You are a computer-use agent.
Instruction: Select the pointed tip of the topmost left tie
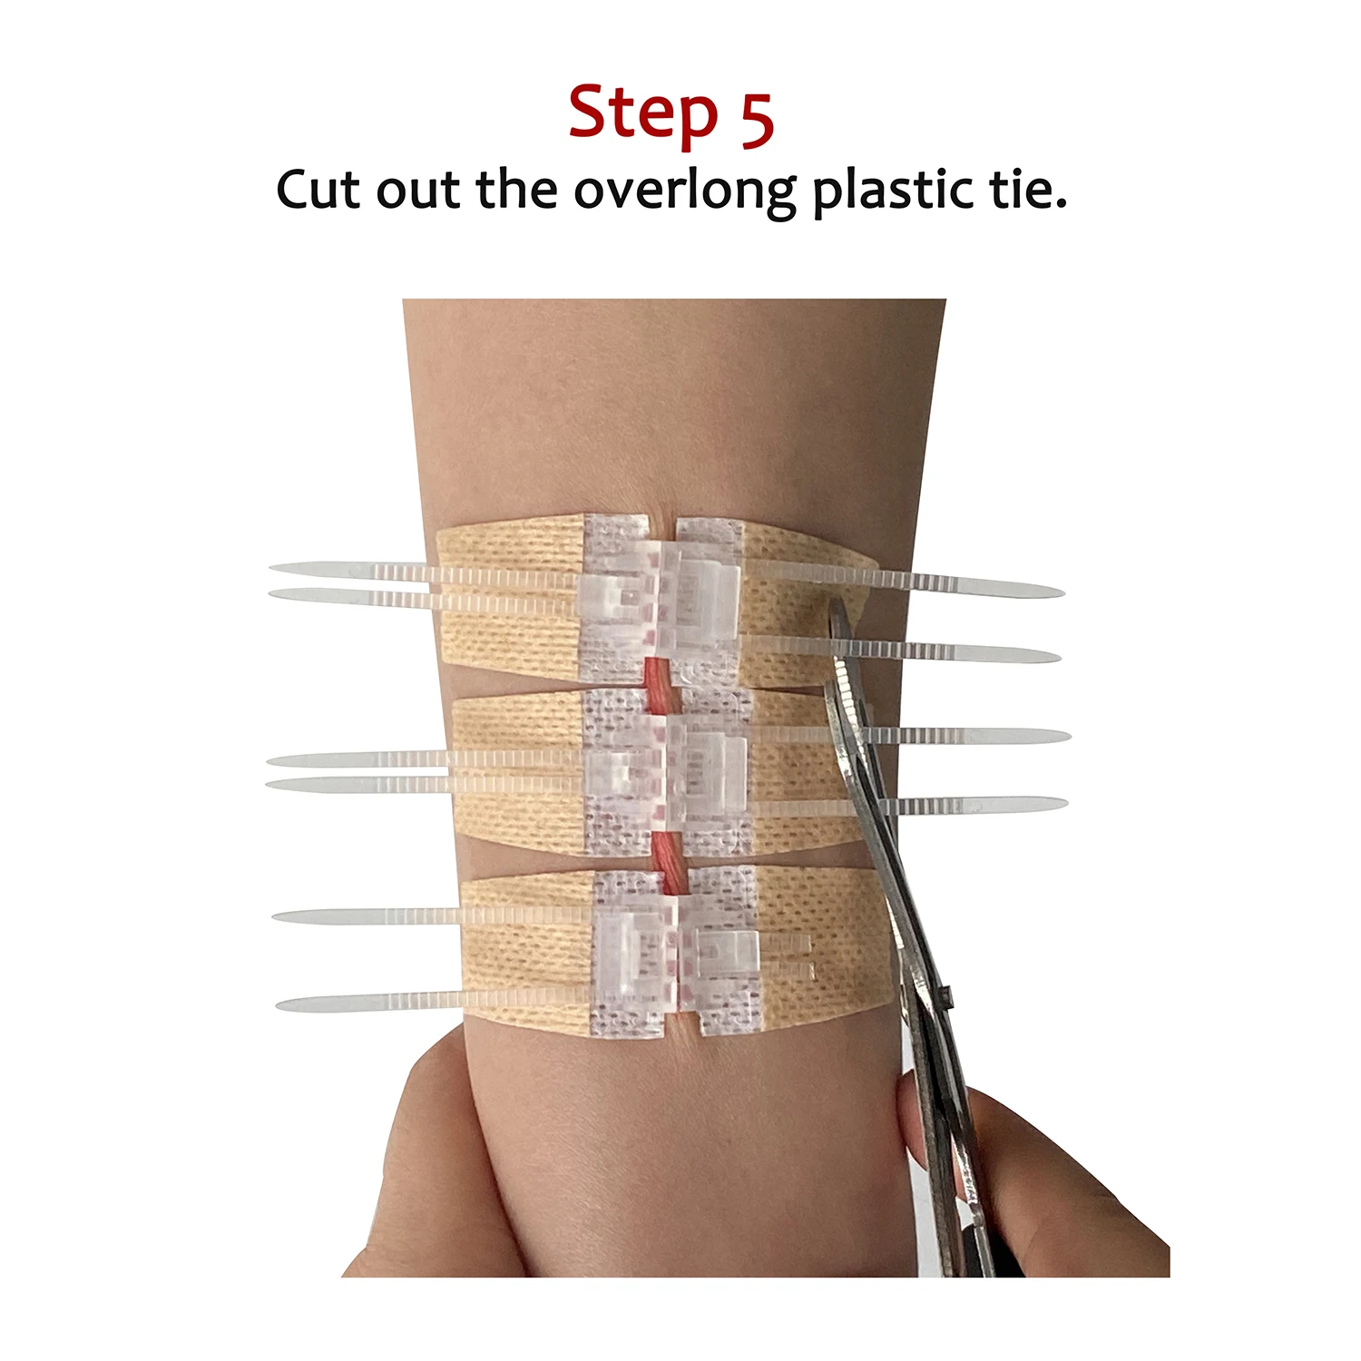point(275,569)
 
